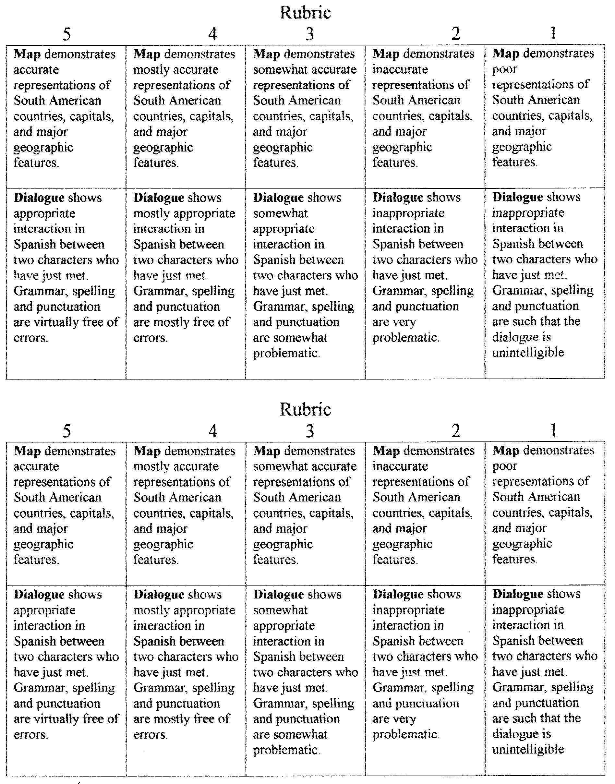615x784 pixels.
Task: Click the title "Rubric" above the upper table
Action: click(305, 13)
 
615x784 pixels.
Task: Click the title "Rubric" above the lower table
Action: click(305, 409)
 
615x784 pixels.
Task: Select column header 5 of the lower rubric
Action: click(66, 431)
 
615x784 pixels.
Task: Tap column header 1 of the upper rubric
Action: click(553, 33)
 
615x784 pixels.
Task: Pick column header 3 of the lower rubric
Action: click(310, 431)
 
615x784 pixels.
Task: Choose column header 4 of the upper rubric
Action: click(212, 34)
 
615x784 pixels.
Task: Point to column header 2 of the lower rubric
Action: click(455, 430)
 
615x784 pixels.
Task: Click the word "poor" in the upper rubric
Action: click(504, 69)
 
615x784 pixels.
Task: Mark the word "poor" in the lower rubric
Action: click(504, 466)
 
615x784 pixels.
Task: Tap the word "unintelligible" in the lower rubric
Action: click(528, 749)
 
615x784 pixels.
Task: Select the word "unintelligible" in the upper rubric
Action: click(528, 352)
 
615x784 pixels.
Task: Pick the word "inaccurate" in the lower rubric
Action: click(400, 466)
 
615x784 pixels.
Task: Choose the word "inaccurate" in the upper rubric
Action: click(400, 69)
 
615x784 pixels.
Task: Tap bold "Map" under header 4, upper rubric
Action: click(147, 54)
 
